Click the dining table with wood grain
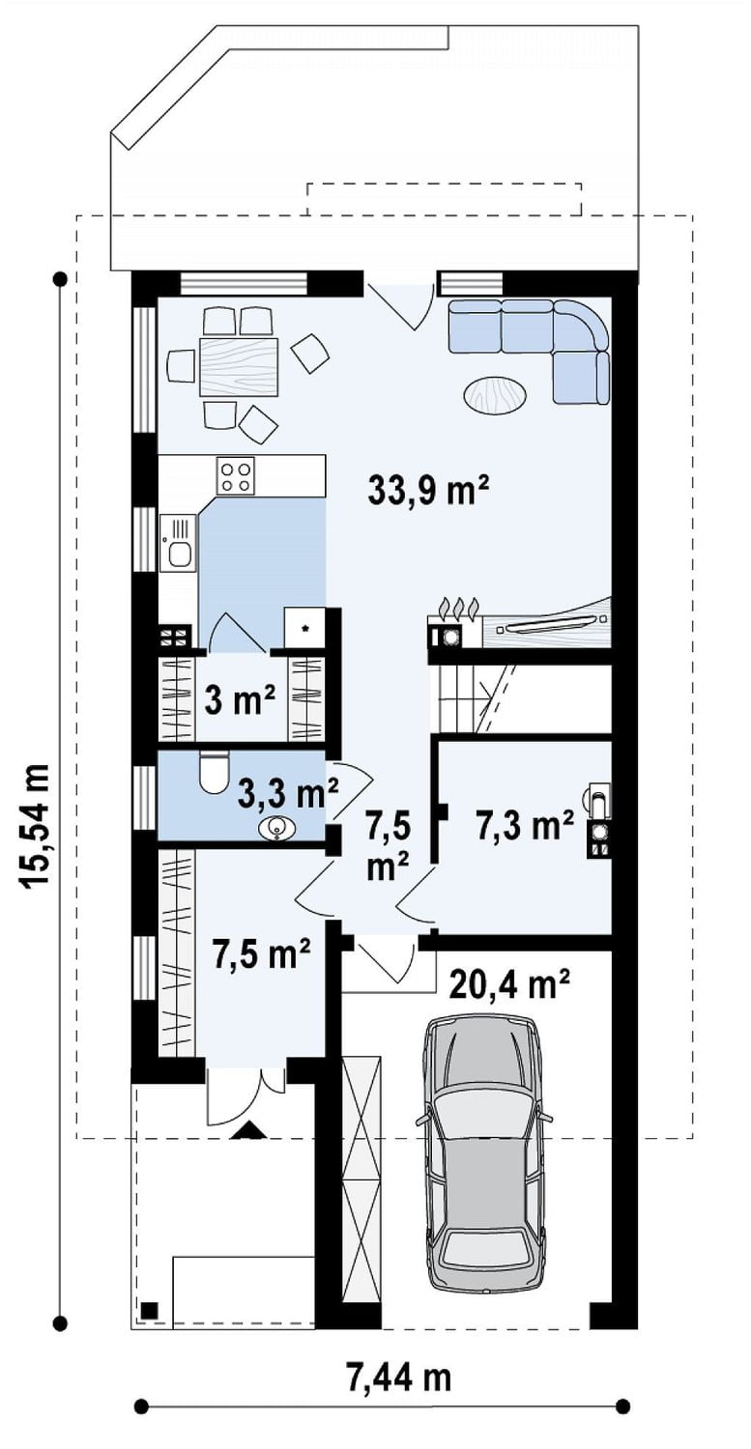pos(239,366)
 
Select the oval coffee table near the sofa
pos(495,394)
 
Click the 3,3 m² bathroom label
pos(288,794)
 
